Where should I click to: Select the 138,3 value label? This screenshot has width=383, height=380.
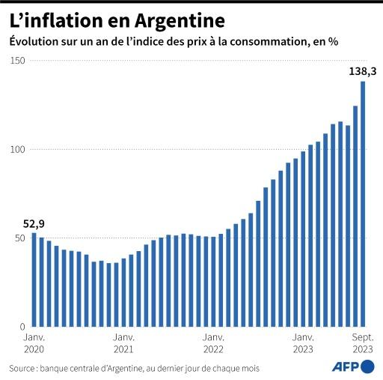(x=363, y=72)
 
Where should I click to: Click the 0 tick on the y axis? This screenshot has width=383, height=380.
(x=22, y=328)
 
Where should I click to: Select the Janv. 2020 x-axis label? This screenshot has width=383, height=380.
(x=34, y=343)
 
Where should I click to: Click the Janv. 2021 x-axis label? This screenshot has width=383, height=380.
(x=123, y=343)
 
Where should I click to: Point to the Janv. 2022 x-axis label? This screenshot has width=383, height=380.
(x=213, y=343)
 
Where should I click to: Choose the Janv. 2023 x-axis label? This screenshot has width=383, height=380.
(x=303, y=343)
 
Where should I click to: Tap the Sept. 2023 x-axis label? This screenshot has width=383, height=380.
(x=363, y=343)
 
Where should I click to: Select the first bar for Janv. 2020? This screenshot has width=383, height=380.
(x=34, y=280)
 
